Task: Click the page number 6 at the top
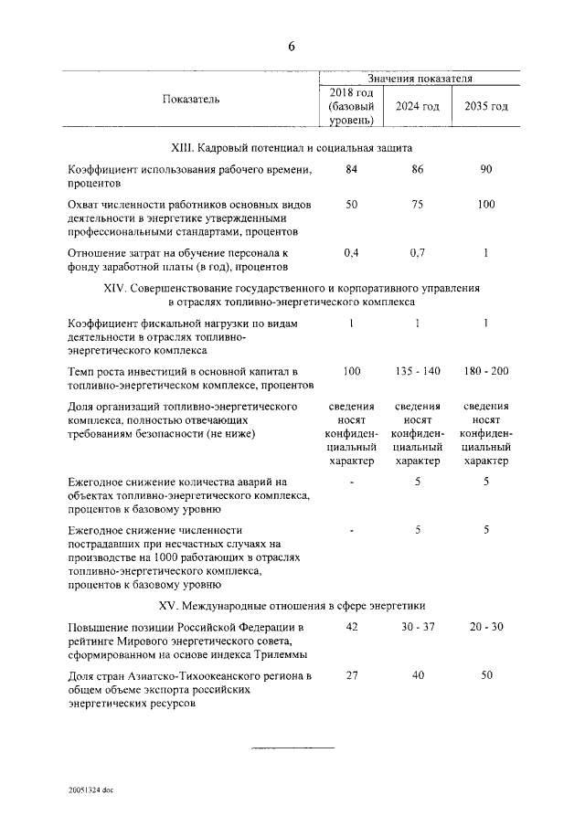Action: click(x=292, y=47)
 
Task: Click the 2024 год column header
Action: click(x=417, y=106)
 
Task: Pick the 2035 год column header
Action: click(x=486, y=106)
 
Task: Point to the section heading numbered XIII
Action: click(x=292, y=146)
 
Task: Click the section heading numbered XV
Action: click(x=292, y=605)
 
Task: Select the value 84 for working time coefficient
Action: click(x=351, y=169)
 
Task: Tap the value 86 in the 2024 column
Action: click(x=417, y=169)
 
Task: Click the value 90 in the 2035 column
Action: click(x=486, y=169)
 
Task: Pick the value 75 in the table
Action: click(x=417, y=205)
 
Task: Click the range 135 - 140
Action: click(x=417, y=370)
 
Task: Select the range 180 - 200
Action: click(x=486, y=370)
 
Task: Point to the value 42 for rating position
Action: click(x=351, y=627)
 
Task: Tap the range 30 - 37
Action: click(x=417, y=627)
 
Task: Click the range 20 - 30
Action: click(x=486, y=627)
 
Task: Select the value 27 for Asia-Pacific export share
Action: click(x=351, y=674)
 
